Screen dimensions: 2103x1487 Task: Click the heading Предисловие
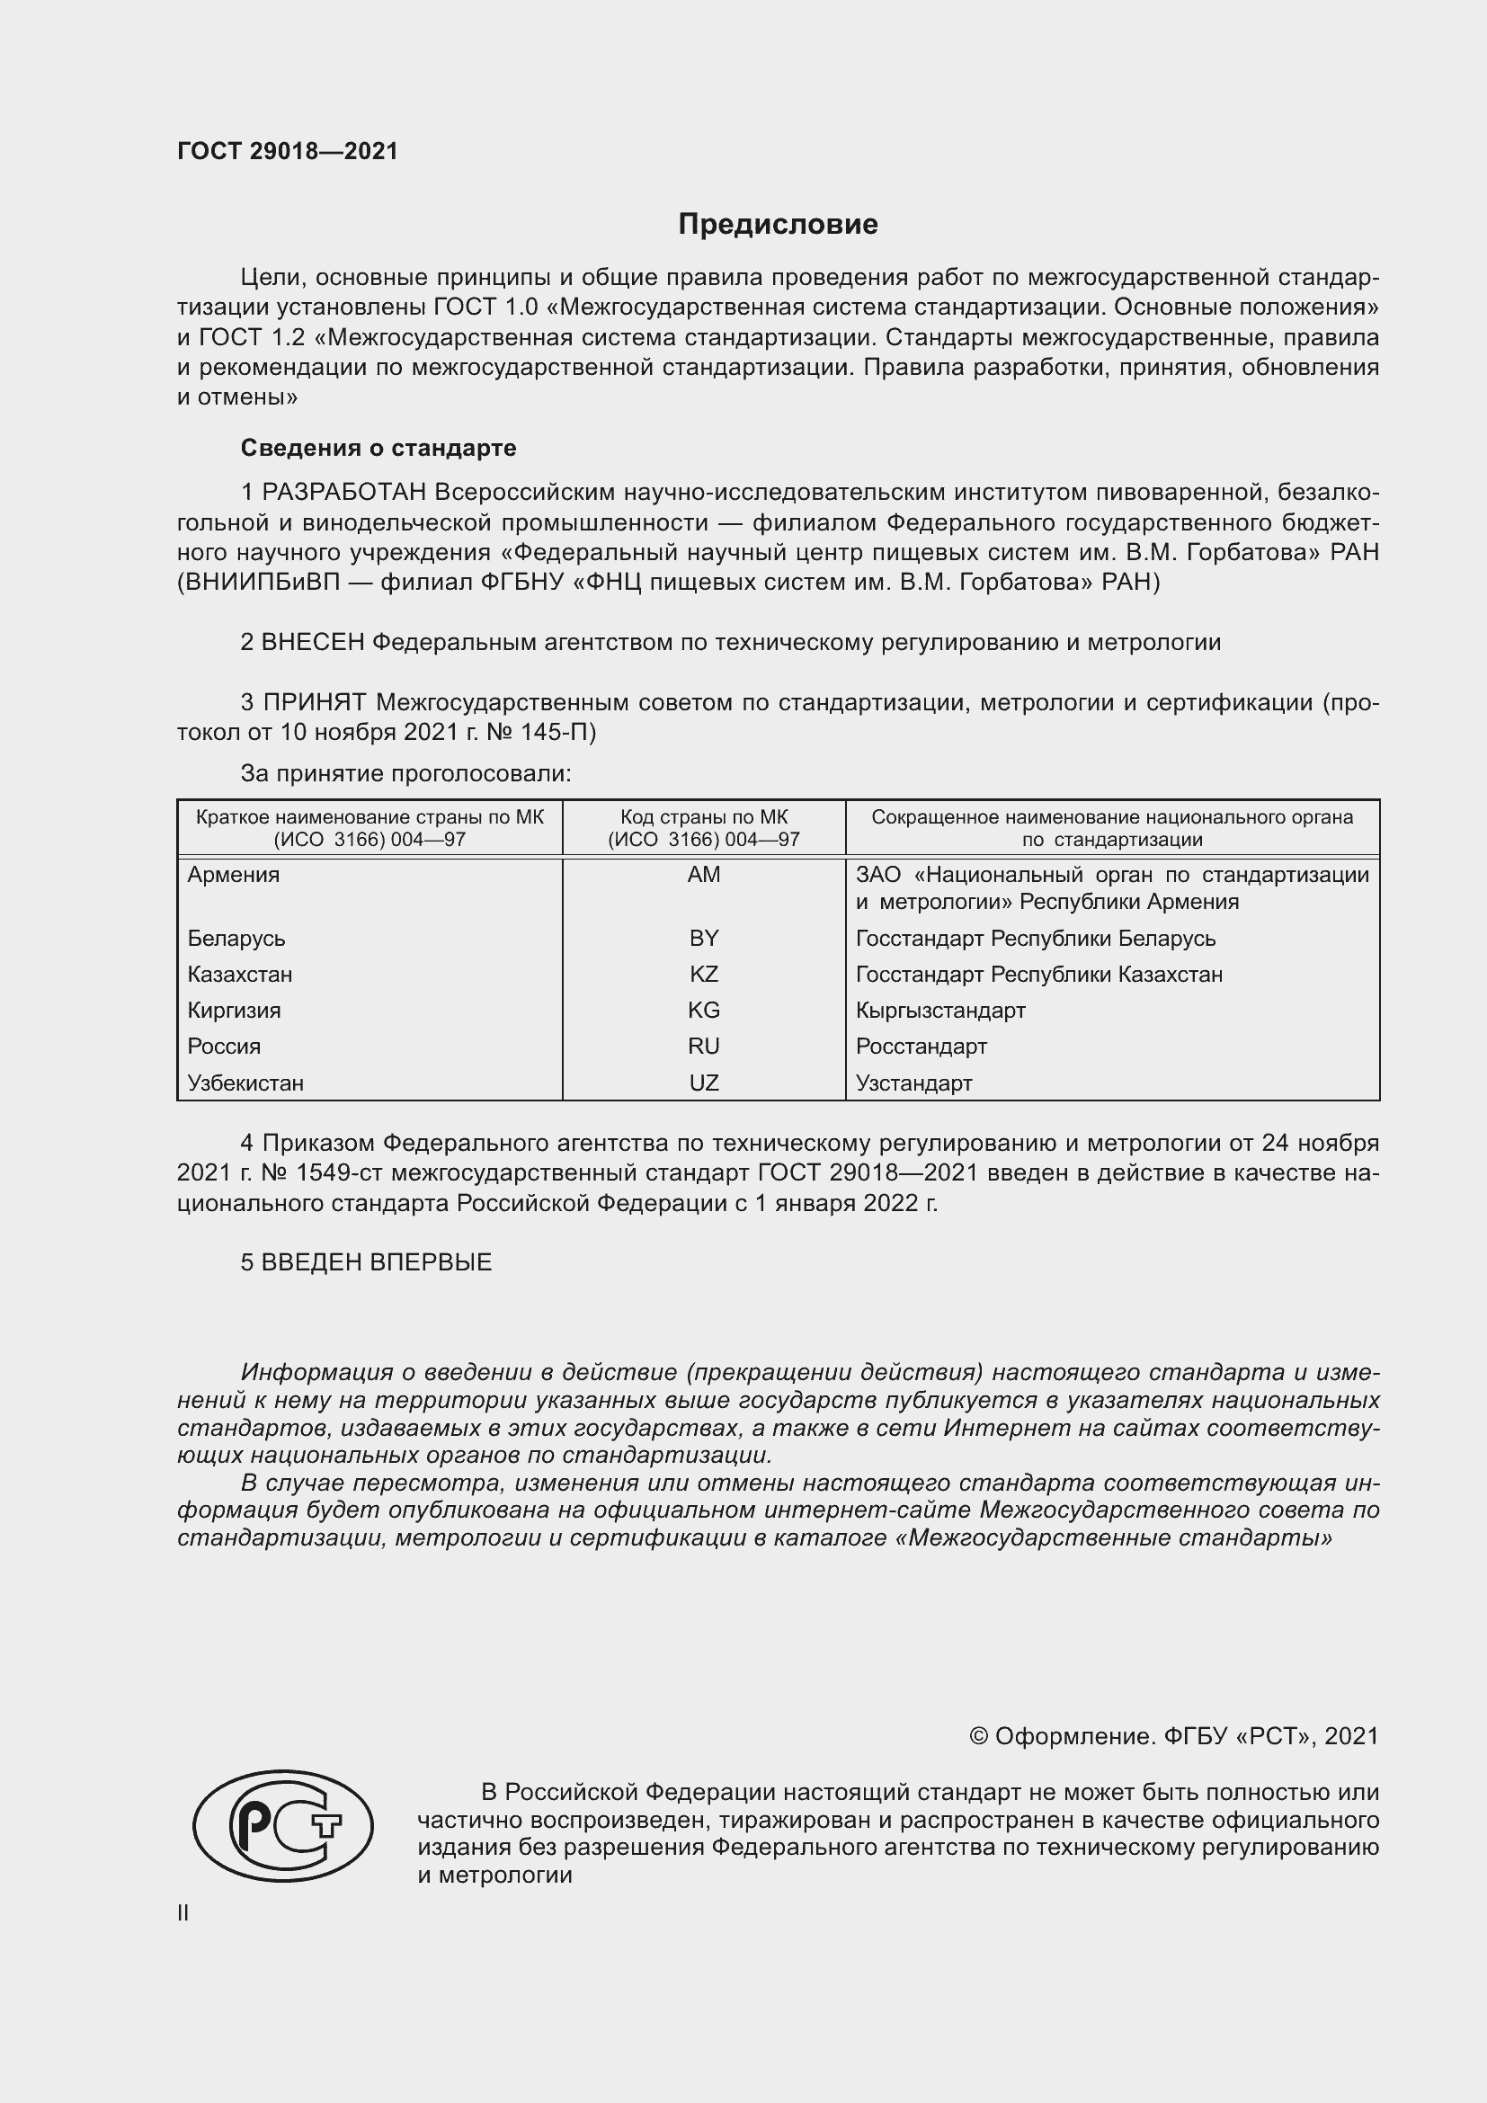pyautogui.click(x=778, y=225)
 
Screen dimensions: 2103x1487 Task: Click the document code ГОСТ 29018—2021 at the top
pyautogui.click(x=288, y=151)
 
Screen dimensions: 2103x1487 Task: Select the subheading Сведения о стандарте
pyautogui.click(x=378, y=448)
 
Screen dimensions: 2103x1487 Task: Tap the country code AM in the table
pyautogui.click(x=703, y=875)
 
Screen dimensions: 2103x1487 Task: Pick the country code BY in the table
pyautogui.click(x=703, y=938)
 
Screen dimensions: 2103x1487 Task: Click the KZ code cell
pyautogui.click(x=703, y=974)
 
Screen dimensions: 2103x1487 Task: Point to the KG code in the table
pyautogui.click(x=703, y=1011)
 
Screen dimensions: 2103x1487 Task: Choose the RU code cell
pyautogui.click(x=703, y=1046)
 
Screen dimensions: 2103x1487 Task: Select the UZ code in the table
pyautogui.click(x=703, y=1083)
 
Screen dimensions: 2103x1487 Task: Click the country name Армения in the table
pyautogui.click(x=234, y=875)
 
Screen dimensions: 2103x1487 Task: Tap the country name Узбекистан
pyautogui.click(x=245, y=1083)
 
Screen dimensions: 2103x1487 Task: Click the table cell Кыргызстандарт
pyautogui.click(x=940, y=1011)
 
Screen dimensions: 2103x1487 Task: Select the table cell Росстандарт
pyautogui.click(x=922, y=1046)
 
